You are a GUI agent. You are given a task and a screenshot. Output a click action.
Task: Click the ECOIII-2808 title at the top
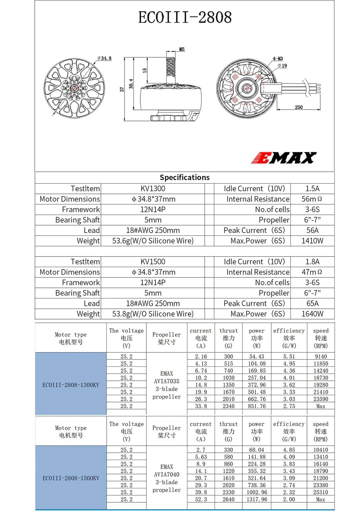click(185, 18)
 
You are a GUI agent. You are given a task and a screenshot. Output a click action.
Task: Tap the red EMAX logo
click(283, 158)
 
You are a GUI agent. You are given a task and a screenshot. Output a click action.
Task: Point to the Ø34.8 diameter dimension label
click(104, 58)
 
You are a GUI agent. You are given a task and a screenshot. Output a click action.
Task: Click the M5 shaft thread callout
click(182, 49)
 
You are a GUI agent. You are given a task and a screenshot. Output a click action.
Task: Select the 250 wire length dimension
click(299, 107)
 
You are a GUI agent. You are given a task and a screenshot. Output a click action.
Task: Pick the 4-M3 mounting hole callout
click(278, 59)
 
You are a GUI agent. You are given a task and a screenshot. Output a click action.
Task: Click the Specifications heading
click(185, 178)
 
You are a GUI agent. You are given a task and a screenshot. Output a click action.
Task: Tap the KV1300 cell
click(153, 189)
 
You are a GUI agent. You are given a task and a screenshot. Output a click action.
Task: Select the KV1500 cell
click(153, 262)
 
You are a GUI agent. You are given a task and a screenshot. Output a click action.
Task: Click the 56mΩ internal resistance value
click(312, 199)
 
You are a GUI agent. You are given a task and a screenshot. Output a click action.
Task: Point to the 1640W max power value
click(312, 314)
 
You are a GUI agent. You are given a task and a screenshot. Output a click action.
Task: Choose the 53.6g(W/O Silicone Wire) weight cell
click(153, 241)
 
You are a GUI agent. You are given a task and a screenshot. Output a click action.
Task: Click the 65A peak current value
click(312, 303)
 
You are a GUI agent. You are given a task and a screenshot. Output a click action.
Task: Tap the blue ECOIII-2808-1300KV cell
click(71, 385)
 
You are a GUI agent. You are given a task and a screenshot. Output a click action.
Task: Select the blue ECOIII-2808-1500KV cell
click(71, 478)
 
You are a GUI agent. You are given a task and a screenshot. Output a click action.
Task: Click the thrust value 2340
click(229, 406)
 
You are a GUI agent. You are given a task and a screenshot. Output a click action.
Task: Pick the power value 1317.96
click(257, 500)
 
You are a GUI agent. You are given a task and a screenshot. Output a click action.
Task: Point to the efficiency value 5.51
click(289, 356)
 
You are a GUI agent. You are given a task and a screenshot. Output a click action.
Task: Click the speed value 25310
click(321, 492)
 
